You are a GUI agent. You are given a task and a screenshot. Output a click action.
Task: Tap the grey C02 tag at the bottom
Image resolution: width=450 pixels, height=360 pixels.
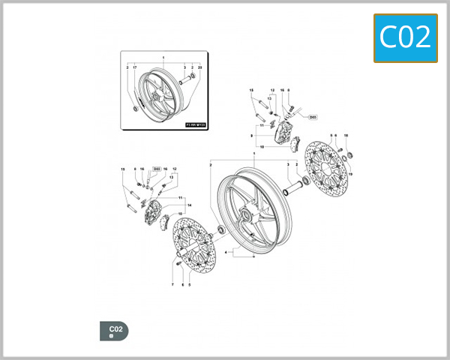click(x=114, y=331)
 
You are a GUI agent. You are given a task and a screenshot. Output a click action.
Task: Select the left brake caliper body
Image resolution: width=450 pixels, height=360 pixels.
click(x=154, y=211)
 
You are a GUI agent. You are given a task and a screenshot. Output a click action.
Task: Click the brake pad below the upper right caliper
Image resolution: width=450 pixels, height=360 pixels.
click(x=294, y=147)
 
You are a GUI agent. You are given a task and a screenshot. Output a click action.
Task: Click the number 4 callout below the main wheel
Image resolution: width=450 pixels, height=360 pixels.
click(x=226, y=252)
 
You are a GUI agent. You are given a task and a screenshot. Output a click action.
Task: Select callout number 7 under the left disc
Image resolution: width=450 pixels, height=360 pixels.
click(x=172, y=286)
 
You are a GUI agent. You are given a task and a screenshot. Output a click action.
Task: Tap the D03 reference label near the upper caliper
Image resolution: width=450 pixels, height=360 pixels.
click(x=313, y=117)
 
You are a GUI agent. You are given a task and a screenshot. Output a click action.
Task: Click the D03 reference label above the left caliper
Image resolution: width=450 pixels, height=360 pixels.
click(x=156, y=169)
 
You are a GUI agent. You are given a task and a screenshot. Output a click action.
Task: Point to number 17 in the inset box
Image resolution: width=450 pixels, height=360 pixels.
click(x=135, y=68)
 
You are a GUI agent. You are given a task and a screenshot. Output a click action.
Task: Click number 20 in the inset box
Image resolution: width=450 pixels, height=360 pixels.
click(x=200, y=68)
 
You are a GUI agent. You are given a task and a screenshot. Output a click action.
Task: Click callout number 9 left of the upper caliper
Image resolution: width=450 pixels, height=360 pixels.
click(x=252, y=135)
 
